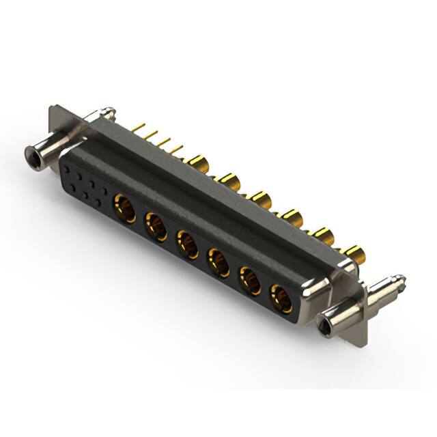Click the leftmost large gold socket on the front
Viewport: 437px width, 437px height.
point(124,208)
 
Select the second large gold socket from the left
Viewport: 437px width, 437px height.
point(156,226)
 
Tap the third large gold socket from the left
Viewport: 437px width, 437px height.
point(187,244)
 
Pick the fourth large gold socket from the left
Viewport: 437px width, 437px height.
point(218,262)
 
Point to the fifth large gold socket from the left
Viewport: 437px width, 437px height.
point(250,281)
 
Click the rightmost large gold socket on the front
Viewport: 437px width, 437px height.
point(281,298)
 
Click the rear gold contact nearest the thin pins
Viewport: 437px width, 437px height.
point(197,163)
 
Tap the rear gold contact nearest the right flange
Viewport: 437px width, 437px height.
point(355,255)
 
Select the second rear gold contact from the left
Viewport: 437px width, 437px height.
point(229,182)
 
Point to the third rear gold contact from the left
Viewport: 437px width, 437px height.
point(261,199)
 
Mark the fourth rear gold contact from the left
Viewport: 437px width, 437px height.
point(292,218)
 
